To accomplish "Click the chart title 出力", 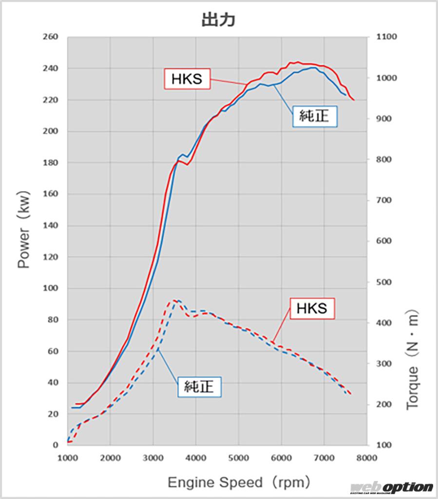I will tap(219, 19).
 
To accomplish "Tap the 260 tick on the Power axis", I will tap(50, 37).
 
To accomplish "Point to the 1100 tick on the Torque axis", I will tap(385, 37).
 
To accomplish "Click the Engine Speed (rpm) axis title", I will tap(239, 482).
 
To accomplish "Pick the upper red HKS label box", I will tap(187, 78).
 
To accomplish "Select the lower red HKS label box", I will tap(312, 308).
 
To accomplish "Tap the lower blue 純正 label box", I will tap(200, 387).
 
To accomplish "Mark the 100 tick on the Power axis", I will tap(50, 288).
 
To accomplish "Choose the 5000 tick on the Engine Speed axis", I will tap(238, 458).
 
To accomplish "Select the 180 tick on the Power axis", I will tap(50, 163).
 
